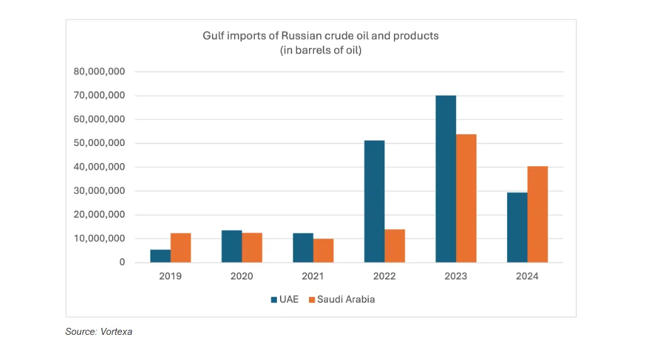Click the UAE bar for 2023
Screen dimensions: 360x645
point(446,179)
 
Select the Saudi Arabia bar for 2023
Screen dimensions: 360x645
point(466,198)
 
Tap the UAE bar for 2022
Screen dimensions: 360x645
point(374,201)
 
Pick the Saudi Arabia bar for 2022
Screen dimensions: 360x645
point(395,246)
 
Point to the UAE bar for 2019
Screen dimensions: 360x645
point(160,256)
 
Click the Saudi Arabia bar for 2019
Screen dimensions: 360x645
point(181,248)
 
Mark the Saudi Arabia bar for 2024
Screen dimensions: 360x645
point(537,214)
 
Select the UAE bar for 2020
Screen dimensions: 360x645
point(232,246)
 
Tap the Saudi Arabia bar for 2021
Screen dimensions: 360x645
point(323,250)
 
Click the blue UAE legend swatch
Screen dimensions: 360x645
point(274,300)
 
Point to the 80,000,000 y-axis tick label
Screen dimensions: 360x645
point(100,72)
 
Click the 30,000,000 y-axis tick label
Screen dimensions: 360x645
point(100,191)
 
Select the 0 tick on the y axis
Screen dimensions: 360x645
point(121,262)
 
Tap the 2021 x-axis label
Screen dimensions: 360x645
point(313,276)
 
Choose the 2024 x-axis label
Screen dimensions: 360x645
point(527,276)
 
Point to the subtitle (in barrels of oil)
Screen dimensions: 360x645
point(320,51)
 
